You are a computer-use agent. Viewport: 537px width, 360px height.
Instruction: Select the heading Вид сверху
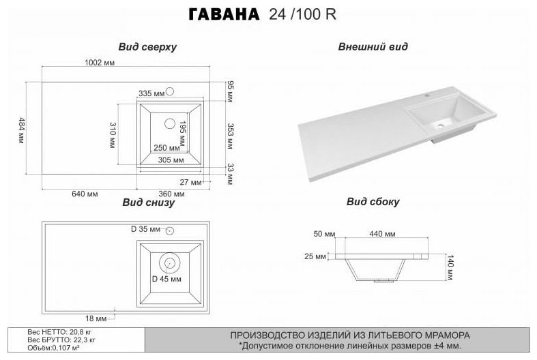(147, 47)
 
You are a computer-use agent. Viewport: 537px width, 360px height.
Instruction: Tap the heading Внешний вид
(373, 47)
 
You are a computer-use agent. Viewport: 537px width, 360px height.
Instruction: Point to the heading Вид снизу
(149, 202)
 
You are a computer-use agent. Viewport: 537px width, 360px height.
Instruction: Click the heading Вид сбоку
(373, 202)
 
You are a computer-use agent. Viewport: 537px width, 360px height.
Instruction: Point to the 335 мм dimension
(151, 93)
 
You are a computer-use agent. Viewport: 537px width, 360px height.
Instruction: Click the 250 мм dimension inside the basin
(166, 148)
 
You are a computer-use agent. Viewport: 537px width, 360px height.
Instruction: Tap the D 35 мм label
(145, 228)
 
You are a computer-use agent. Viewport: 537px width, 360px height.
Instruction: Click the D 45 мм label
(166, 280)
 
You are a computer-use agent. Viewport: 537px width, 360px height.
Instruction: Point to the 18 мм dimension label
(96, 318)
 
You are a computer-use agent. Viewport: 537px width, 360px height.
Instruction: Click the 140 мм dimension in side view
(450, 267)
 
